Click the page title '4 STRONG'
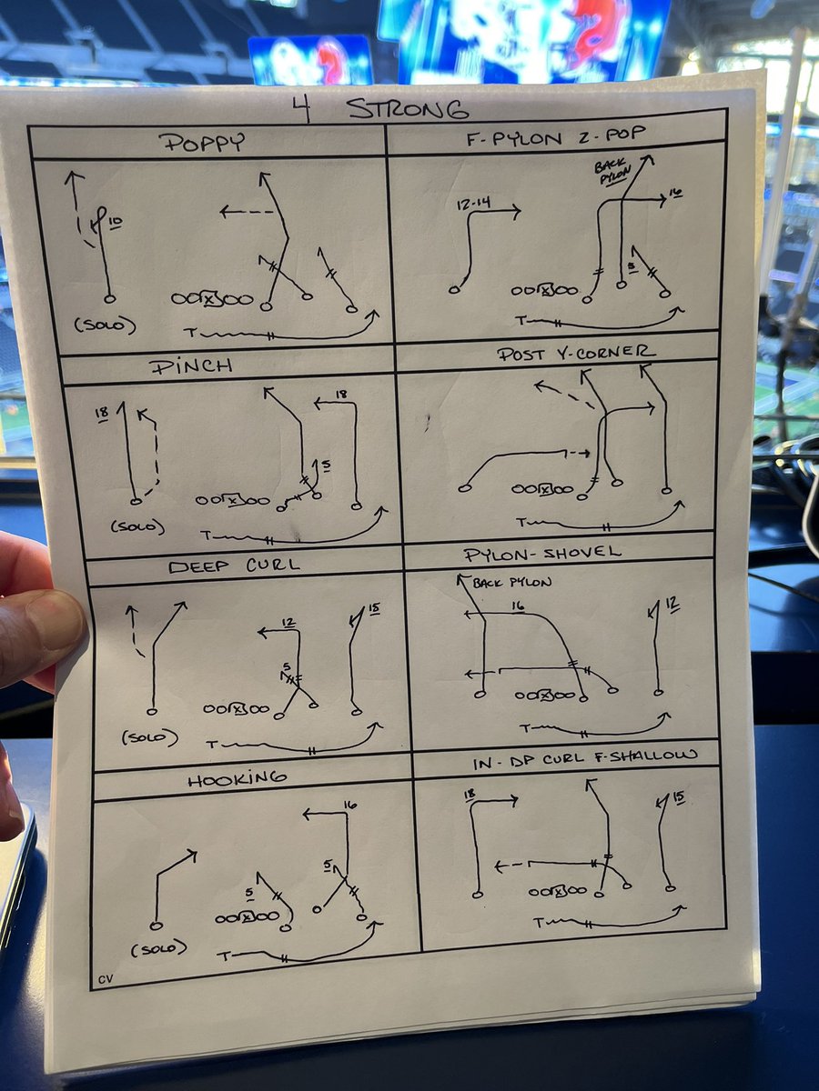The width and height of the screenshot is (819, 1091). (379, 110)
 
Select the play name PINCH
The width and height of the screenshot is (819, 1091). (191, 366)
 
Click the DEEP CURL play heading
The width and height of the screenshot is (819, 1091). (234, 566)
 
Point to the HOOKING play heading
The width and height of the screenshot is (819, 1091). (237, 779)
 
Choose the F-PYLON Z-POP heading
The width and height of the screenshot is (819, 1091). (555, 136)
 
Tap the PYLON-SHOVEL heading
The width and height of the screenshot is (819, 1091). (542, 553)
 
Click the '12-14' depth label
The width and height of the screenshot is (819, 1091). (473, 203)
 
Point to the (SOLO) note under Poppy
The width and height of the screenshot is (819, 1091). (105, 325)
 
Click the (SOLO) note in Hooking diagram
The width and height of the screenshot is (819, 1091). (159, 948)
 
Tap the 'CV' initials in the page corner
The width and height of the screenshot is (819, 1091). (106, 979)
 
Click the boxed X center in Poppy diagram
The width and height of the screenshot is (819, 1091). (209, 299)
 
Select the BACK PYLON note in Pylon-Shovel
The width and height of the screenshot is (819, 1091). (511, 582)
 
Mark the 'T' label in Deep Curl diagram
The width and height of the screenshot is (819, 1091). (212, 745)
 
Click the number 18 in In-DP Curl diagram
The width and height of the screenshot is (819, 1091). (469, 795)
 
